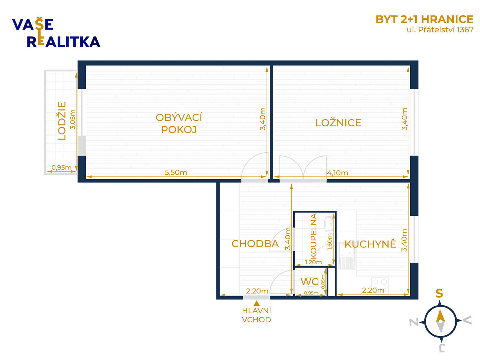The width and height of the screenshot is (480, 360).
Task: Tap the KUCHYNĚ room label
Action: point(370,244)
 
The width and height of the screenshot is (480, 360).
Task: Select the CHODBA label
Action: point(255,243)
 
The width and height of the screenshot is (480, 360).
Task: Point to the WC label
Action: point(309,282)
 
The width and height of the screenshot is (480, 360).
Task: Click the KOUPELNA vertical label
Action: point(313,236)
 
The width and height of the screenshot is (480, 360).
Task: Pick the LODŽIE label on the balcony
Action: point(62,121)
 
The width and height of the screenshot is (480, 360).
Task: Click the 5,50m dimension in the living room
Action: point(176,172)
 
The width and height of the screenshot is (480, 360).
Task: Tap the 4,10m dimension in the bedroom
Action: point(337,173)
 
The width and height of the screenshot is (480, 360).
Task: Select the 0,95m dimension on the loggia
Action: point(62,167)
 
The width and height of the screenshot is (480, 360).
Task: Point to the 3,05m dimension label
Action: point(73,120)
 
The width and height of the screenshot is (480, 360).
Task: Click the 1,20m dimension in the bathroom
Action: point(313,262)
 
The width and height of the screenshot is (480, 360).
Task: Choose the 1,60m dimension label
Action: point(329,242)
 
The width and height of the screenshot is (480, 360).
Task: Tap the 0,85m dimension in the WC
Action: point(323,282)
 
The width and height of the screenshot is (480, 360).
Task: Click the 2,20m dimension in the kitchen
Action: point(373,290)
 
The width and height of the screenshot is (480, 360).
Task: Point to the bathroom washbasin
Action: point(329,224)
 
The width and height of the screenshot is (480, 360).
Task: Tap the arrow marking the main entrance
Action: point(256,303)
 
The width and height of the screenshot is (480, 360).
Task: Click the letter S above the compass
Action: point(439,293)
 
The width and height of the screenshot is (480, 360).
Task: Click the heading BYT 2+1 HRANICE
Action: point(425,19)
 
